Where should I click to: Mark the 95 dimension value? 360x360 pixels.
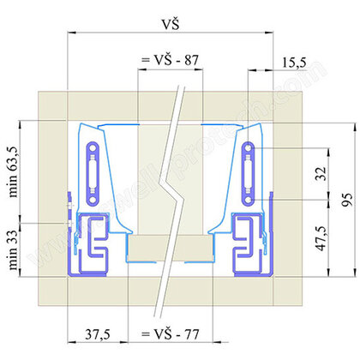pyautogui.click(x=346, y=198)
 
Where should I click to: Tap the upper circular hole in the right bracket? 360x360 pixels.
pyautogui.click(x=248, y=150)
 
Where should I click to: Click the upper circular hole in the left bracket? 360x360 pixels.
pyautogui.click(x=92, y=150)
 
